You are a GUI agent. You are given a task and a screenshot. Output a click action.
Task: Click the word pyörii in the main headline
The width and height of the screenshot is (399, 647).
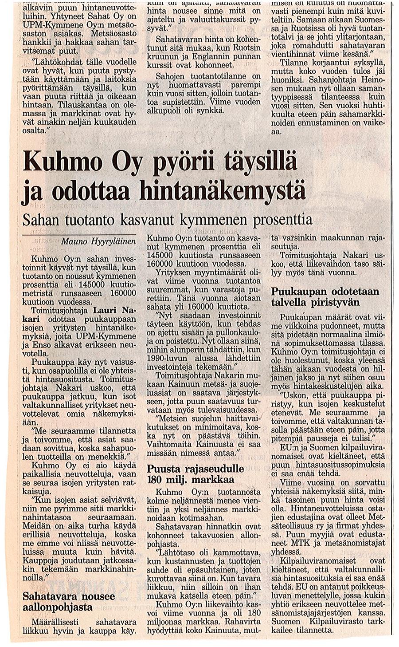180,163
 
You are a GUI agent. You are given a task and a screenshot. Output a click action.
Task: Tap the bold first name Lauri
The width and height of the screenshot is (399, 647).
106,310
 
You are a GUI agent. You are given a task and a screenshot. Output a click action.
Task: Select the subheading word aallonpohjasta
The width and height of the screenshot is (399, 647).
58,607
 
